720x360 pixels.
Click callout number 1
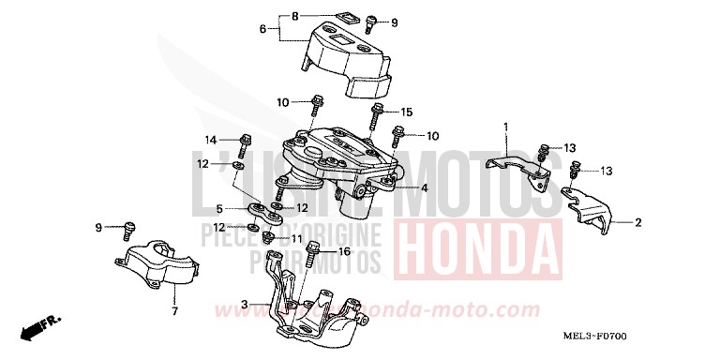(x=505, y=126)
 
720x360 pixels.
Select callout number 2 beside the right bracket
(x=638, y=222)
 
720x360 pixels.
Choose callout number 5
(x=219, y=208)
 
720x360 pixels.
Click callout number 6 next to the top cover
(x=263, y=30)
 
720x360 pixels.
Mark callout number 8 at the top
(x=294, y=17)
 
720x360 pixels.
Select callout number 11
(x=297, y=239)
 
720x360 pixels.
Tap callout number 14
(x=211, y=139)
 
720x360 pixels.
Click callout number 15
(x=407, y=112)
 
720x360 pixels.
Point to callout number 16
(x=344, y=251)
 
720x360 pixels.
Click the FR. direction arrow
(x=43, y=327)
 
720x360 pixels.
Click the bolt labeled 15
(x=377, y=117)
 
